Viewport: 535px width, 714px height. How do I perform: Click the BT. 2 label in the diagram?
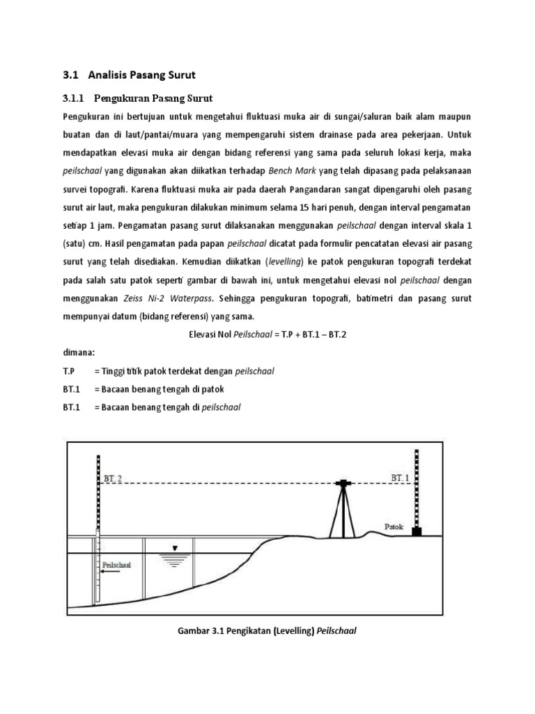[114, 478]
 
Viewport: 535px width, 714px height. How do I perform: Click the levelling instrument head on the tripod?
[343, 483]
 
